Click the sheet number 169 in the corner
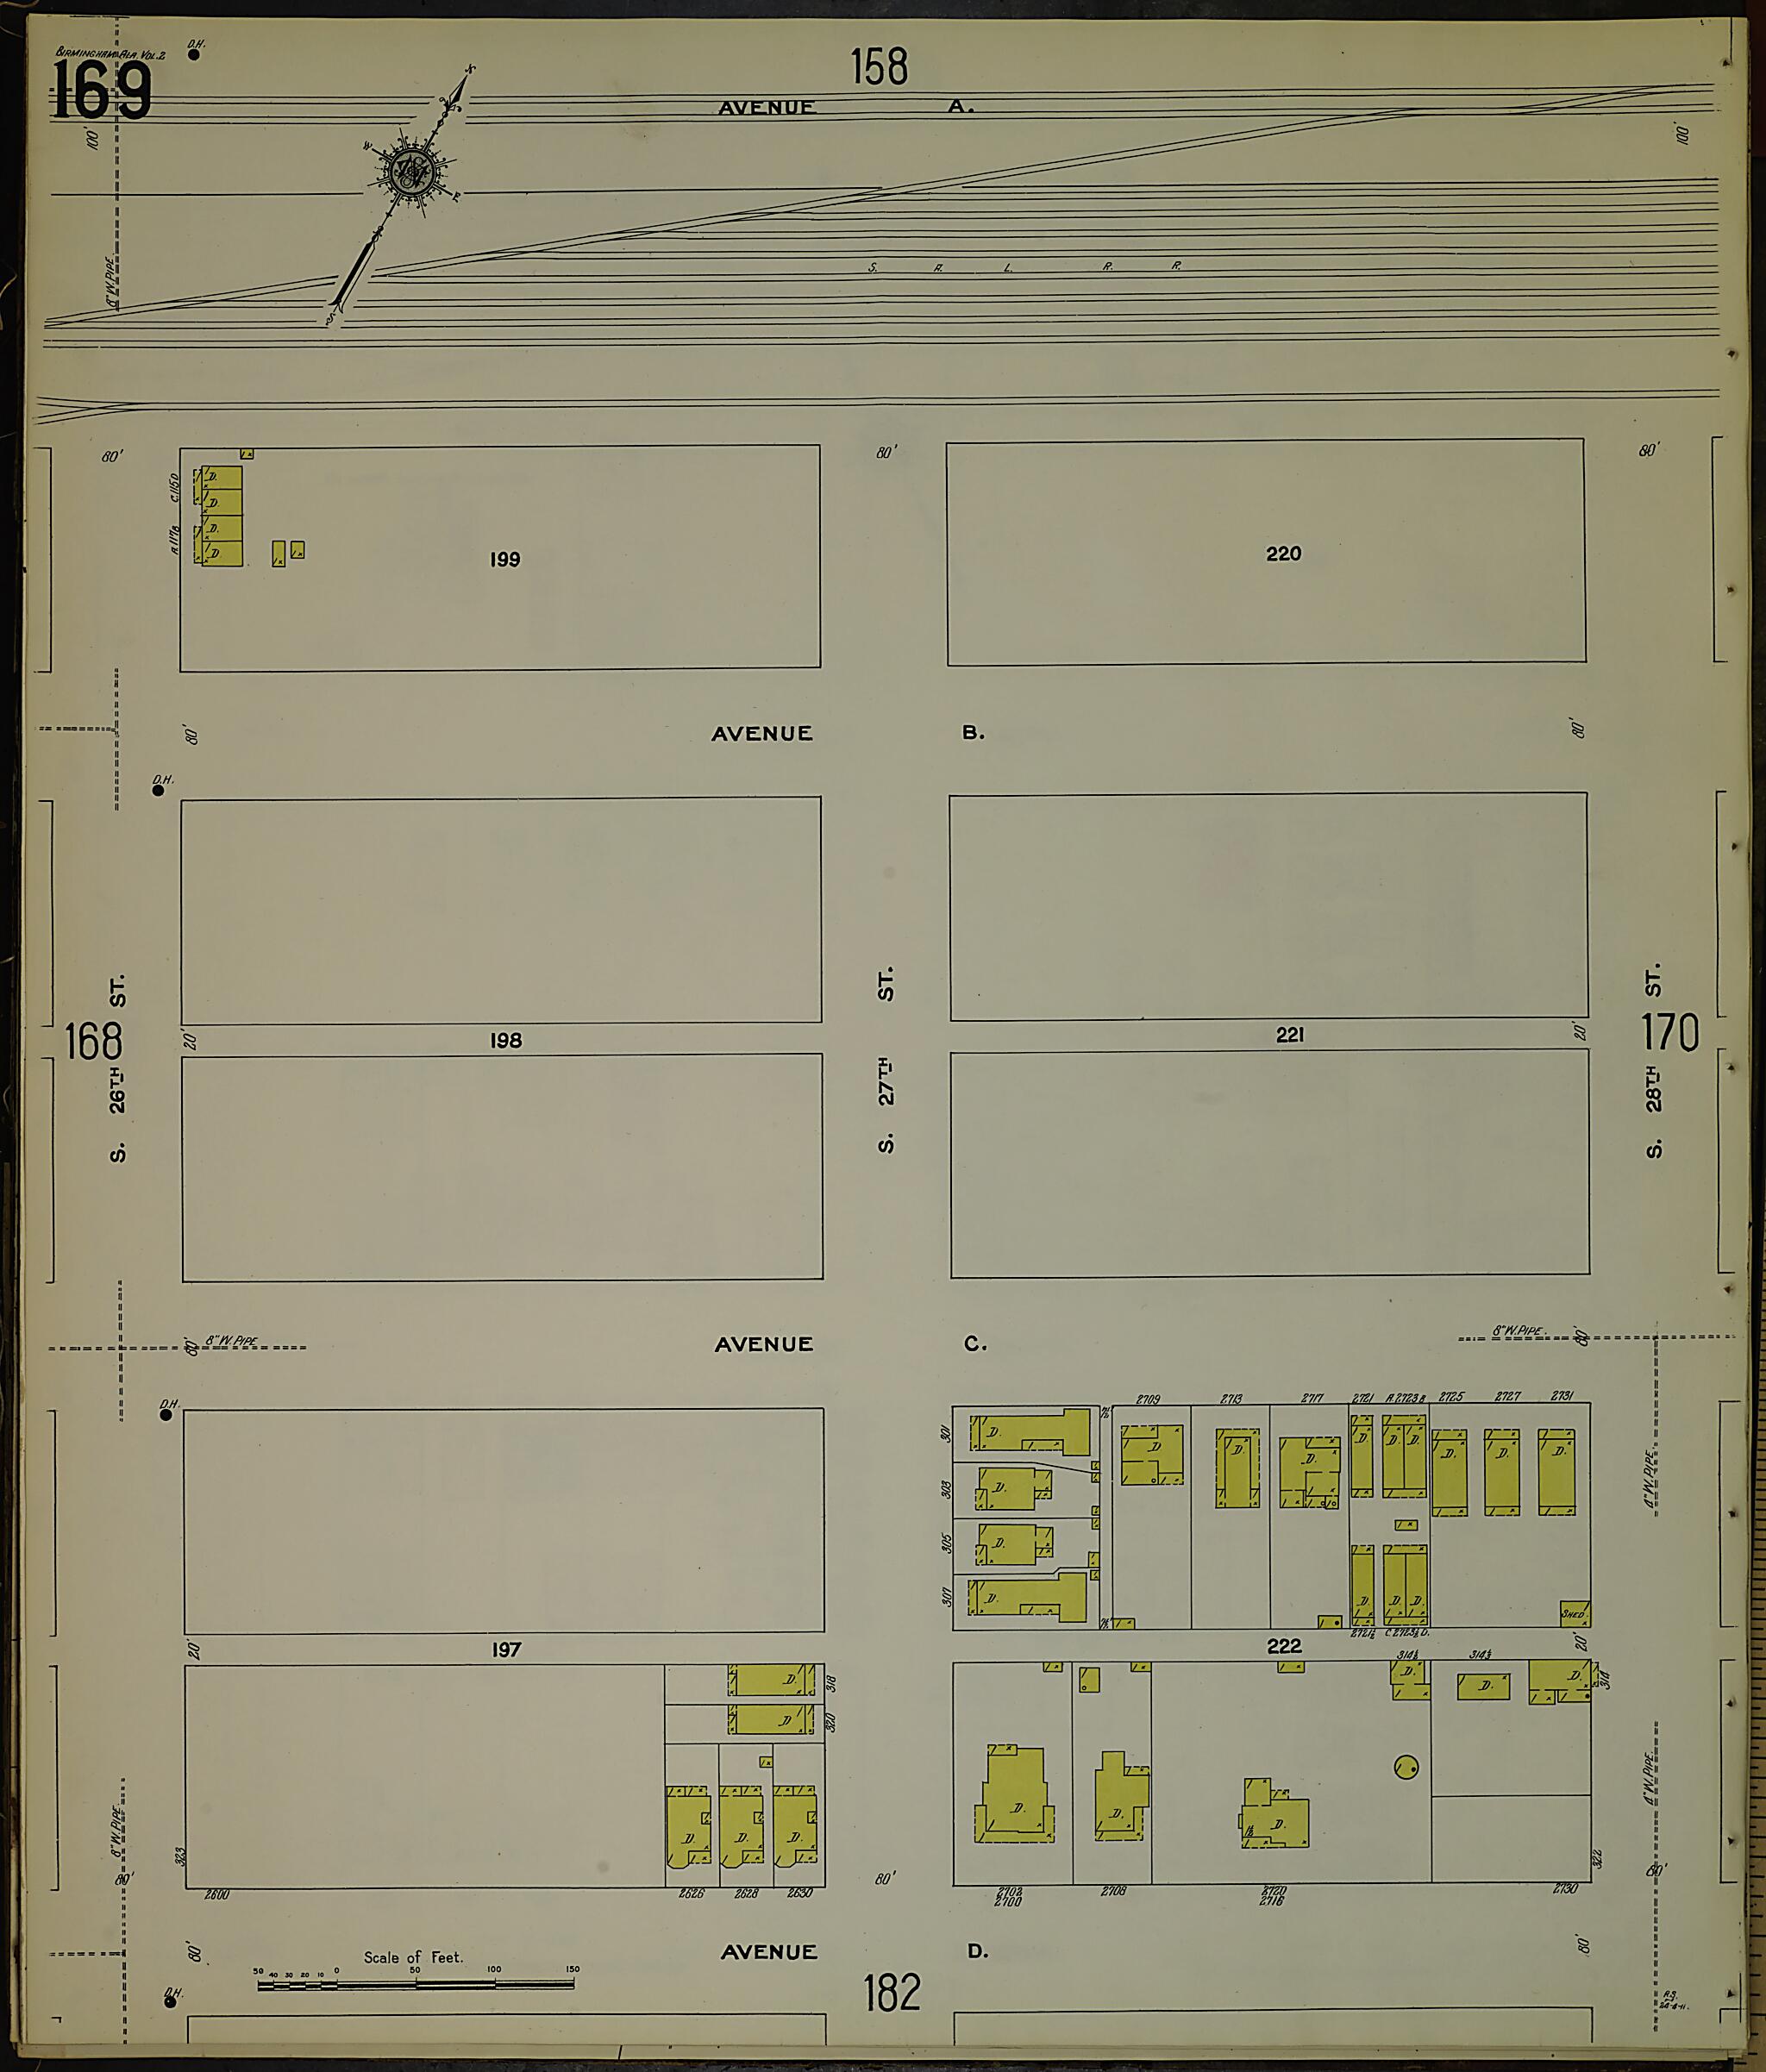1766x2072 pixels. click(x=102, y=90)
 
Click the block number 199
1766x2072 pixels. click(x=505, y=560)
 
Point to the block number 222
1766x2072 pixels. click(x=1284, y=1646)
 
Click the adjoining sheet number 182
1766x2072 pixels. click(x=891, y=1992)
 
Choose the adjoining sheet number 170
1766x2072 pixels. click(x=1669, y=1033)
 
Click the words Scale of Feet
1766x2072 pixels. click(x=413, y=1957)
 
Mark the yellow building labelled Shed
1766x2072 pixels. click(x=1574, y=1614)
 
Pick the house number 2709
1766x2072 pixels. click(x=1147, y=1399)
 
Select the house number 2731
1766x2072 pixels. click(x=1561, y=1396)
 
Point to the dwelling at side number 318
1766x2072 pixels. click(x=771, y=1680)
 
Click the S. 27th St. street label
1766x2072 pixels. click(x=886, y=1060)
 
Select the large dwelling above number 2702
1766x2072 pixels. click(x=1015, y=1796)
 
